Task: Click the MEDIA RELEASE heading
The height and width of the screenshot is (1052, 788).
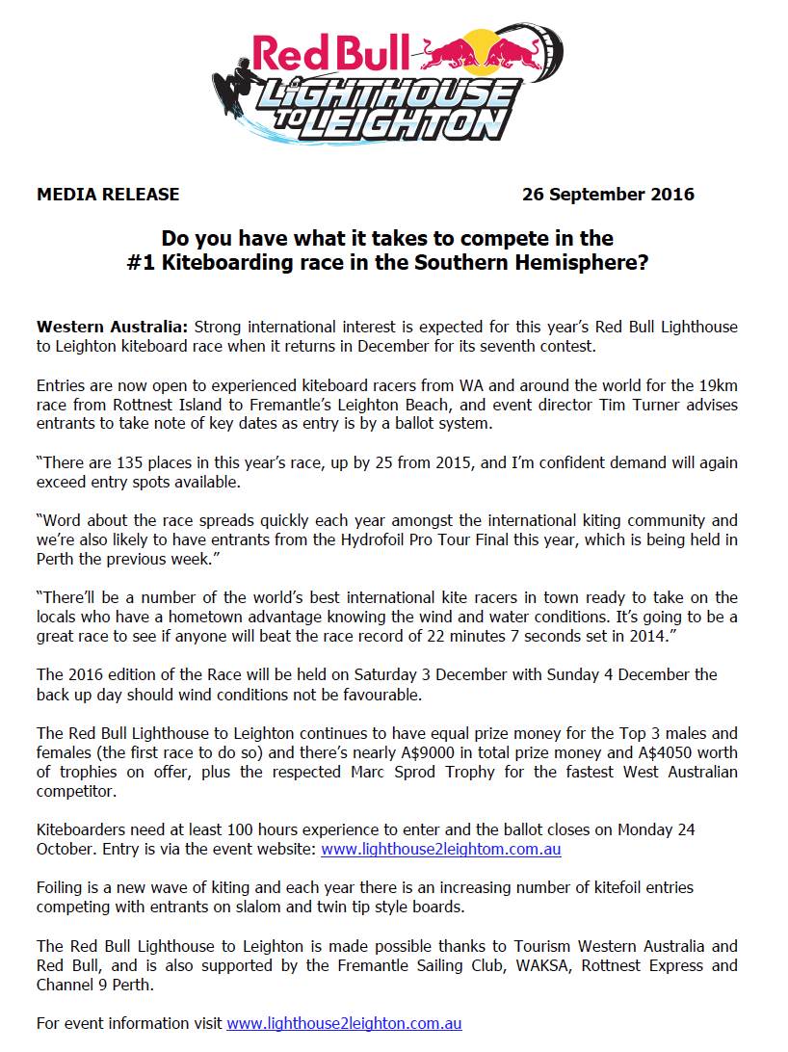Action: click(x=108, y=194)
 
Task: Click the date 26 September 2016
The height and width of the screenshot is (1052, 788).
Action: click(x=608, y=194)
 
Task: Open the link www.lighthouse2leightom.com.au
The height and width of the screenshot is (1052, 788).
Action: click(x=440, y=849)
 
